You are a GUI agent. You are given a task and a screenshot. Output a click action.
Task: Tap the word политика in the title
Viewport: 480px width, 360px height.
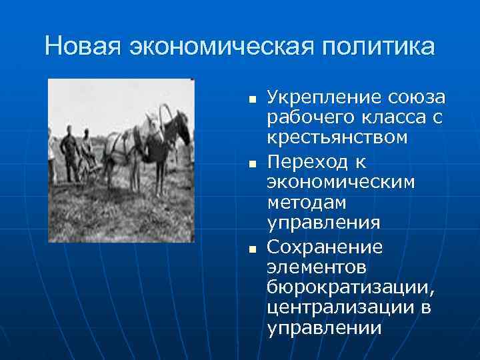coord(377,47)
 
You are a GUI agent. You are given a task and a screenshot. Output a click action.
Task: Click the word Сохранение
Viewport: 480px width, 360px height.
coord(324,247)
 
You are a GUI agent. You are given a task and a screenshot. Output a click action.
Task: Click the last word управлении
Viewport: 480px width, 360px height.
coord(324,329)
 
